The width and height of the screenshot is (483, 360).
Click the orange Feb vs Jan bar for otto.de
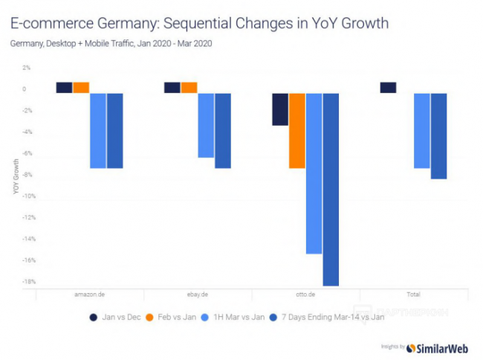(297, 131)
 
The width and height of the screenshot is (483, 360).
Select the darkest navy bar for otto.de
(280, 109)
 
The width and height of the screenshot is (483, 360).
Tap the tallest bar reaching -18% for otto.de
(331, 190)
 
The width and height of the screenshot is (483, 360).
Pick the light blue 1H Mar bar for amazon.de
(98, 131)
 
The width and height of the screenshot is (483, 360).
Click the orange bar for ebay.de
(189, 88)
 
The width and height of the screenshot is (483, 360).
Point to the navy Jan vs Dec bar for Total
(388, 88)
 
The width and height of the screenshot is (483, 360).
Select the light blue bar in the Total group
(421, 131)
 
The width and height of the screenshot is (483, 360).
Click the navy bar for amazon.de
(64, 88)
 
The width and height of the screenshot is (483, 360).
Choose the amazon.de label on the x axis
(90, 295)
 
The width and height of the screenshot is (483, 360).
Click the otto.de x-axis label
(305, 295)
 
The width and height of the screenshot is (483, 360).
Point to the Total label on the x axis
(413, 295)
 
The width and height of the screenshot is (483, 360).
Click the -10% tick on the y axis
(25, 196)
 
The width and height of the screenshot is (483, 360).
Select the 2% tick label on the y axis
(26, 68)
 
